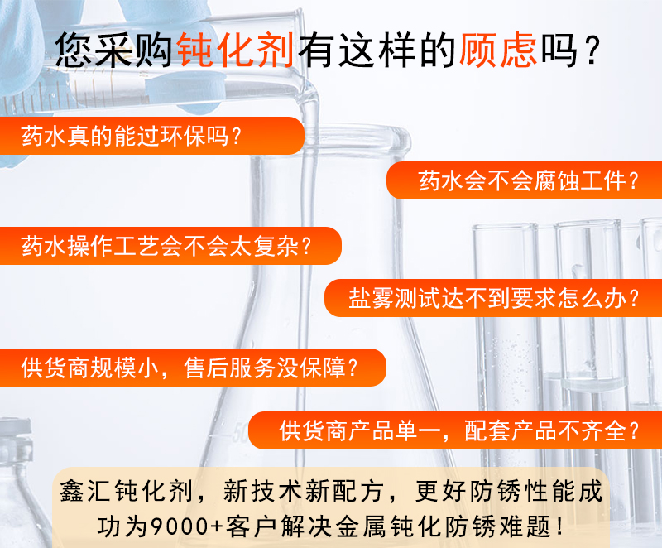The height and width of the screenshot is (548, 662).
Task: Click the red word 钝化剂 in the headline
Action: pos(236,50)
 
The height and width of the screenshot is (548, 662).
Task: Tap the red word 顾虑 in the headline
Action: pos(498,50)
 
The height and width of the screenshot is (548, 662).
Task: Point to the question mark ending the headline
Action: pos(592,51)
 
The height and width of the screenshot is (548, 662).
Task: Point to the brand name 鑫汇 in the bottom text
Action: pos(86,492)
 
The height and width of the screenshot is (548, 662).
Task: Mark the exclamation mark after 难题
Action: pos(560,526)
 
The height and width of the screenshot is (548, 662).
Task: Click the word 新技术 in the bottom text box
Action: pos(263,492)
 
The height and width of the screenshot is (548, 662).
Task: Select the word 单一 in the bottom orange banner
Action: pos(418,431)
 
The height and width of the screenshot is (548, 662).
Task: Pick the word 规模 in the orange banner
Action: pos(113,368)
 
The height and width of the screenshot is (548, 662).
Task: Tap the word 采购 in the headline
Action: pos(133,50)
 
